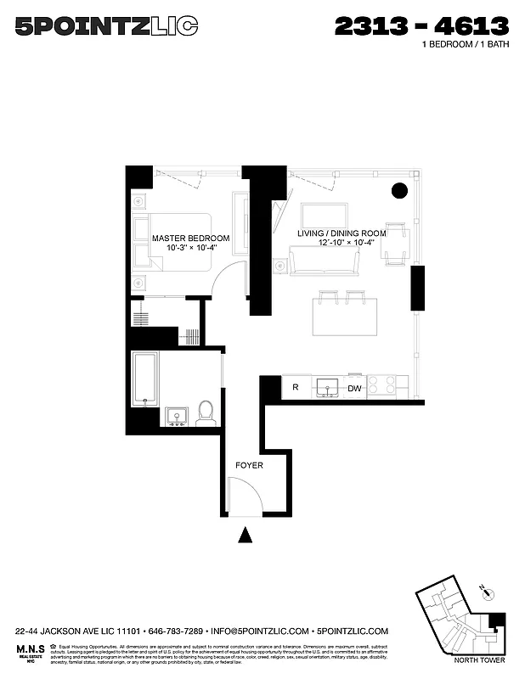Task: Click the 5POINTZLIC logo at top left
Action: (x=106, y=28)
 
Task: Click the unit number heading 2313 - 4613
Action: (x=421, y=26)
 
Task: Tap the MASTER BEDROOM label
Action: (x=190, y=238)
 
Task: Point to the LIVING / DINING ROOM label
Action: (x=342, y=233)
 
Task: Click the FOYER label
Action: (x=249, y=465)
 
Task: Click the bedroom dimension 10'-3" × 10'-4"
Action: (x=190, y=248)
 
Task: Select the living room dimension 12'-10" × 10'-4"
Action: (x=342, y=244)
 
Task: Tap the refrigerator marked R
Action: (x=295, y=387)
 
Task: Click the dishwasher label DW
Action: (x=353, y=388)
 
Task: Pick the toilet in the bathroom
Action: (x=205, y=413)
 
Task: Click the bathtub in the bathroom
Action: (x=144, y=379)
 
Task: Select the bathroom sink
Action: (x=178, y=416)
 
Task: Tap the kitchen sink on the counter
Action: (x=328, y=386)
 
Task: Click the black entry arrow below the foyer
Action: (x=246, y=535)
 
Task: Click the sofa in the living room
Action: (x=324, y=261)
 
